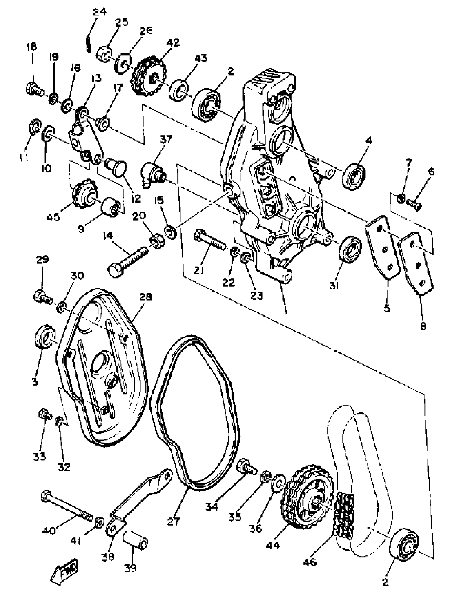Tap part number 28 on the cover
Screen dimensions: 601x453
click(x=146, y=297)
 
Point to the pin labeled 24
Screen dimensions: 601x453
click(x=88, y=44)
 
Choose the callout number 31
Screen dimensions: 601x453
click(x=334, y=285)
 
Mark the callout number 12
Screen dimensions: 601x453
click(x=136, y=199)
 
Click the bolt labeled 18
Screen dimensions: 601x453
click(x=34, y=89)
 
